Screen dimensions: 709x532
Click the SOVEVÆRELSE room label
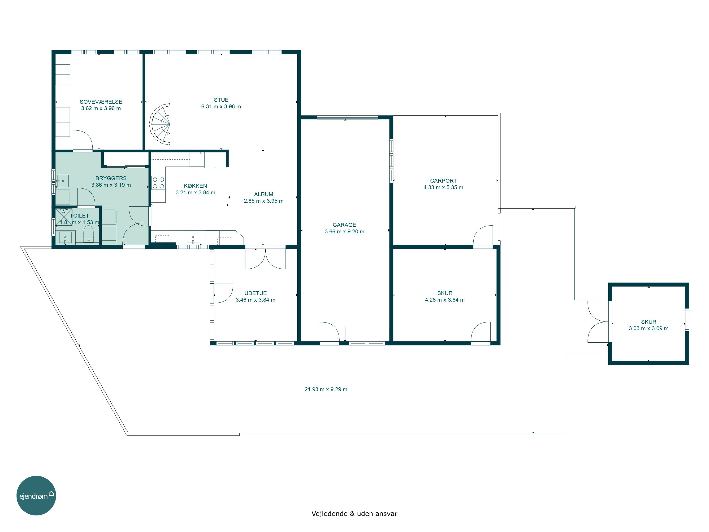click(x=101, y=102)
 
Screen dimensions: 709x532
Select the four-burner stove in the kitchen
click(x=158, y=183)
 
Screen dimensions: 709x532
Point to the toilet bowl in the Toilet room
click(x=88, y=233)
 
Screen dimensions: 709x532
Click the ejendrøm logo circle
click(x=36, y=495)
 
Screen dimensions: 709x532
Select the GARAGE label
click(x=344, y=225)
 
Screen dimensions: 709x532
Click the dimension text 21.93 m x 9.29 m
click(x=326, y=389)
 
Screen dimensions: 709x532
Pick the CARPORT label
click(x=443, y=181)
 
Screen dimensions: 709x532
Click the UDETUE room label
click(x=255, y=293)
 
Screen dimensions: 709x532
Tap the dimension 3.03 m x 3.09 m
click(x=648, y=328)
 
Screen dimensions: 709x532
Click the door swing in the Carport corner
click(x=483, y=235)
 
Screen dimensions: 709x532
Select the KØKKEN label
click(x=195, y=186)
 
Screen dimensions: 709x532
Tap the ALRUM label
click(x=264, y=194)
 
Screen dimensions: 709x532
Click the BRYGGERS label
click(x=111, y=178)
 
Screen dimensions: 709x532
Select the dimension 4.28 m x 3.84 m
click(x=445, y=300)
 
